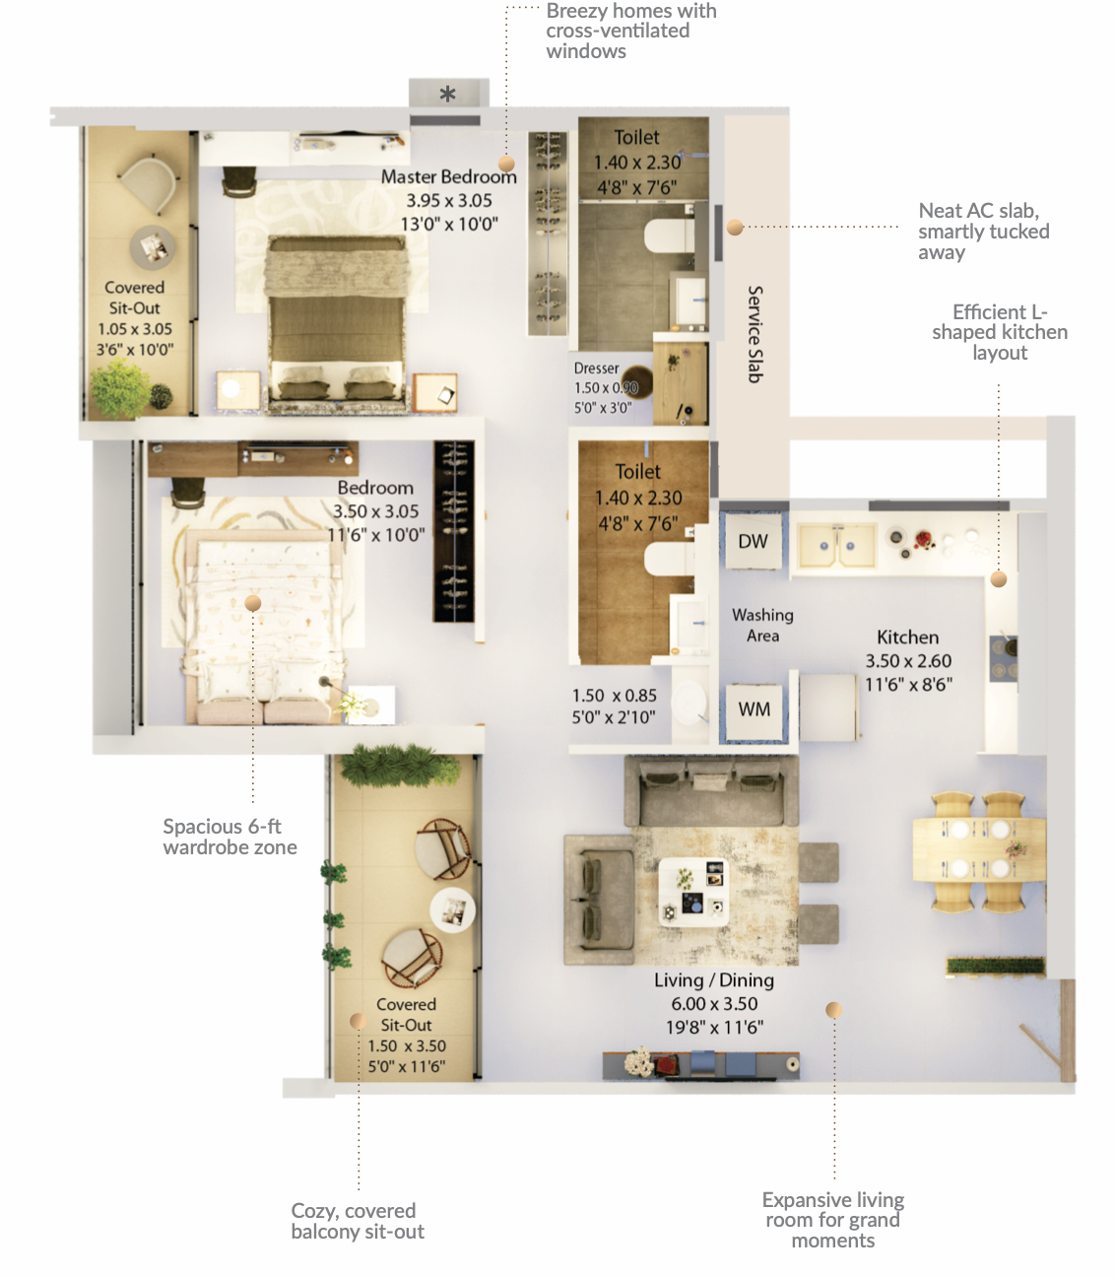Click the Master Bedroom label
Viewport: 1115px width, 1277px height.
tap(448, 177)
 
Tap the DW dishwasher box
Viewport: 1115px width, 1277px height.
tap(754, 541)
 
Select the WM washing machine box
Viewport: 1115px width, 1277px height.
tap(754, 709)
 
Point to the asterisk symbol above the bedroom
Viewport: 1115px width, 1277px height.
tap(447, 95)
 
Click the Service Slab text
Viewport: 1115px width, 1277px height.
tap(754, 334)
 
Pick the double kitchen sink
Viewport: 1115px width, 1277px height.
tap(836, 546)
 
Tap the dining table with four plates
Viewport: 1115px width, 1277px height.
tap(979, 849)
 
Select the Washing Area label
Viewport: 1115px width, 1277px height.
tap(762, 626)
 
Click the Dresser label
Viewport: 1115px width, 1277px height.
tap(597, 369)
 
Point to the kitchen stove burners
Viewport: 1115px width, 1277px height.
tap(1004, 658)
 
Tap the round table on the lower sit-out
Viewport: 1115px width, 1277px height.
tap(452, 910)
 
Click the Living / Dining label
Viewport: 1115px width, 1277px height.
tap(714, 980)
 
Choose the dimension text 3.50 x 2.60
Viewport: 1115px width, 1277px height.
tap(908, 661)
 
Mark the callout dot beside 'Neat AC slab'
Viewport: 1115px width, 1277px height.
tap(735, 228)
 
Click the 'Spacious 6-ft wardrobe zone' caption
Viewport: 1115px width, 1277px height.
tap(230, 837)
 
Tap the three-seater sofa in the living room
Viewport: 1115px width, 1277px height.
tap(711, 791)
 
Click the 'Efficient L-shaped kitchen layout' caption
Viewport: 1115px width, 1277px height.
tap(1000, 332)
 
